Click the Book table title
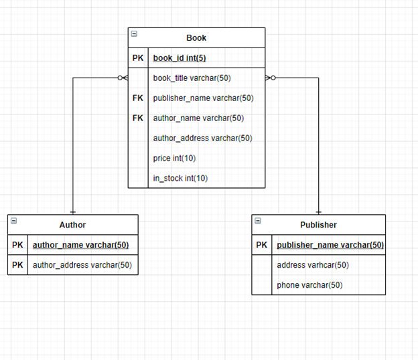click(196, 38)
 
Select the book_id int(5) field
click(179, 58)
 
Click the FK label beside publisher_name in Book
click(137, 98)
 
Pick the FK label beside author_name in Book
click(137, 118)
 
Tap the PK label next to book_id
click(137, 58)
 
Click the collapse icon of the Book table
click(134, 33)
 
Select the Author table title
click(72, 225)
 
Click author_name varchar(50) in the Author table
click(80, 245)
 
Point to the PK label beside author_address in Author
click(17, 265)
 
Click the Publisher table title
click(318, 225)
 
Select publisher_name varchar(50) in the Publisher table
click(330, 245)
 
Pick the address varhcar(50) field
click(313, 265)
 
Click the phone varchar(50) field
click(309, 285)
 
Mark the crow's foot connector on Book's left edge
click(122, 78)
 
